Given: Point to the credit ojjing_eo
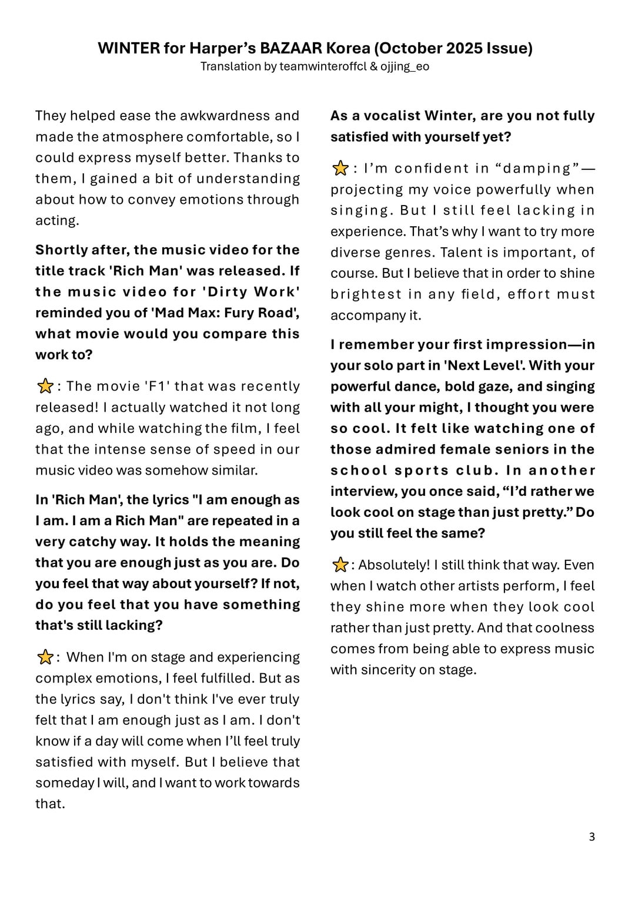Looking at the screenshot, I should tap(405, 66).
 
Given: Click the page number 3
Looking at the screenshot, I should tap(591, 836).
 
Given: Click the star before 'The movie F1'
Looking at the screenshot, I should tap(45, 387).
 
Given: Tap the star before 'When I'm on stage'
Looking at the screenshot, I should tap(45, 657).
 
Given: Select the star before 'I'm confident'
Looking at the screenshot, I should tap(340, 169).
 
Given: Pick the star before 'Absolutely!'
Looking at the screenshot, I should tap(340, 565).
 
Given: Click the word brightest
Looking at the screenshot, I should tap(366, 294).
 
